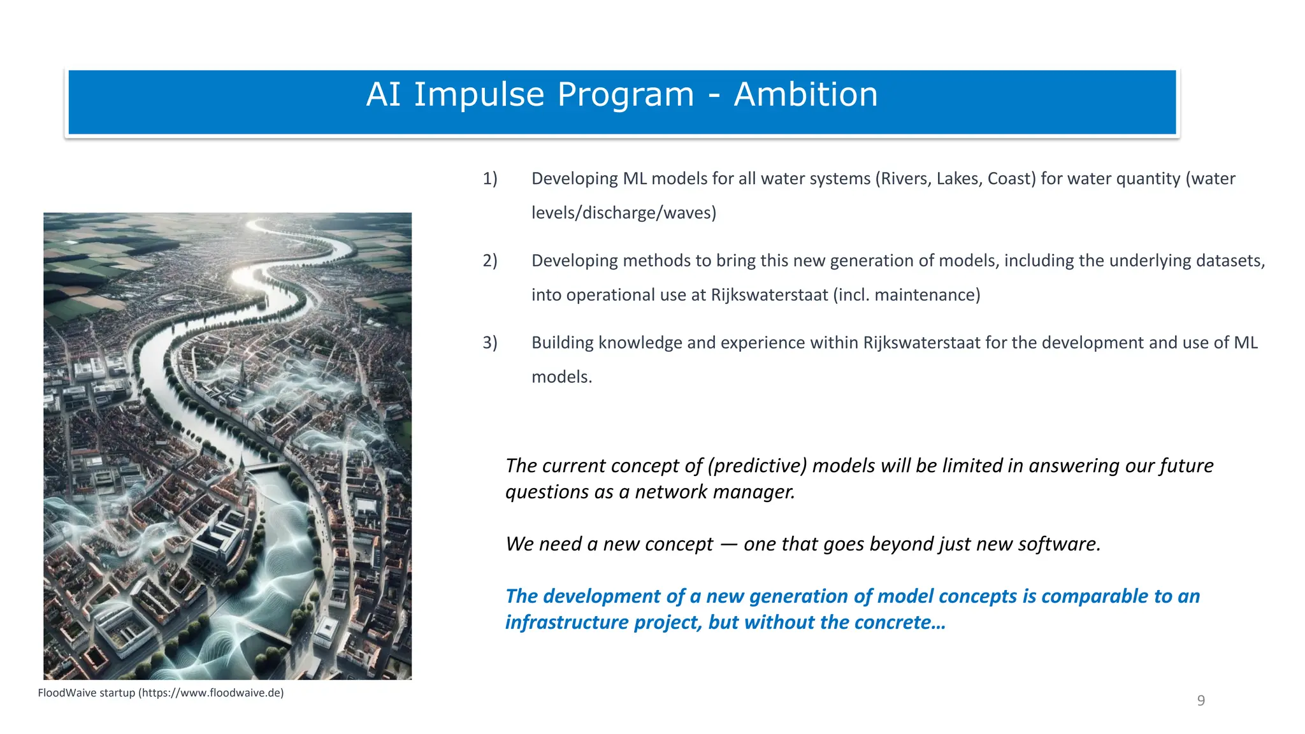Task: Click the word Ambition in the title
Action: (x=805, y=95)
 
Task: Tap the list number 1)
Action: (x=489, y=178)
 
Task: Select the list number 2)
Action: (x=489, y=261)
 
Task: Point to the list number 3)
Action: (x=489, y=343)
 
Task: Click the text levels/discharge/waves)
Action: (x=623, y=213)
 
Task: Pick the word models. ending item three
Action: (x=561, y=377)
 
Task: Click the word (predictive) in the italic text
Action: (x=757, y=466)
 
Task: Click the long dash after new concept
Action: (x=728, y=544)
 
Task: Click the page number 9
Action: (x=1200, y=701)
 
